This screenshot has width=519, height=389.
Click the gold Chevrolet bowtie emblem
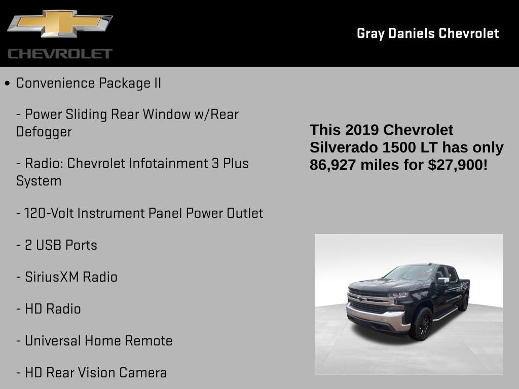point(59,23)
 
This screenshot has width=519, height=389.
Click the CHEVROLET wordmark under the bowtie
point(60,54)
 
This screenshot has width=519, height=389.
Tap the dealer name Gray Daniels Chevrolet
point(428,33)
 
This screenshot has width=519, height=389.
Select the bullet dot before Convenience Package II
point(7,83)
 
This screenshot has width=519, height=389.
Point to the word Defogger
point(44,132)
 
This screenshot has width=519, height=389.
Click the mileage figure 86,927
point(333,164)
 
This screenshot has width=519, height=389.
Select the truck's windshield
point(411,274)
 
